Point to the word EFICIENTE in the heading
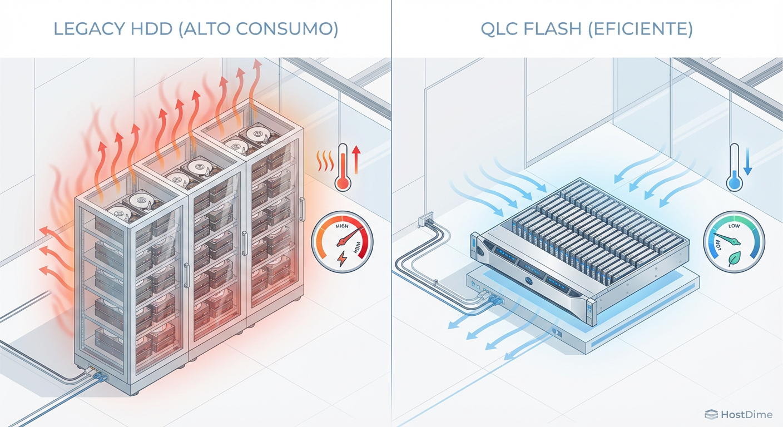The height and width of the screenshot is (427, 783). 650,29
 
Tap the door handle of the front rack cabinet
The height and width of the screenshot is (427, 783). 187,276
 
